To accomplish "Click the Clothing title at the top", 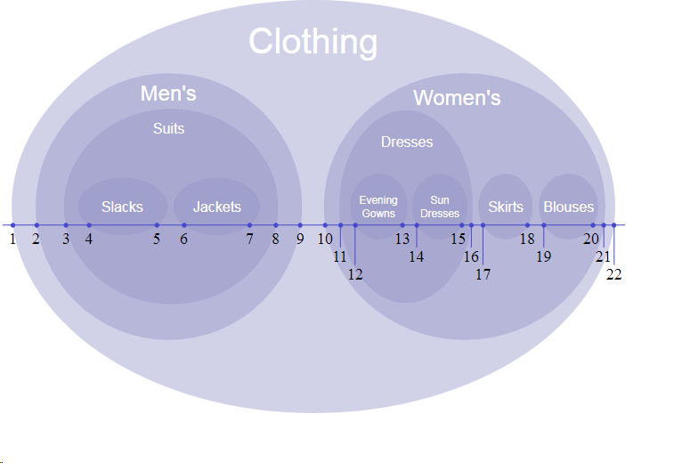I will click(x=313, y=42).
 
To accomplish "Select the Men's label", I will click(x=168, y=93).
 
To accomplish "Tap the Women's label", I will click(x=457, y=98).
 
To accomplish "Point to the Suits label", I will click(x=168, y=129).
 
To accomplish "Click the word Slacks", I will click(x=122, y=207).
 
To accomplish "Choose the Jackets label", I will click(x=217, y=207).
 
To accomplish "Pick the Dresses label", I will click(x=407, y=142).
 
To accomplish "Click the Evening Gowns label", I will click(x=378, y=207).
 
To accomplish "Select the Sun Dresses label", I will click(x=440, y=207).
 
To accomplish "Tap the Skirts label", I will click(x=506, y=207).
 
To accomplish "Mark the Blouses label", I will click(x=568, y=207).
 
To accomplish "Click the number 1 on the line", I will click(x=12, y=239).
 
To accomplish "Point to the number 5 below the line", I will click(x=157, y=239).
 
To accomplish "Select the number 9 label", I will click(x=300, y=239).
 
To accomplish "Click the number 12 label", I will click(x=355, y=274).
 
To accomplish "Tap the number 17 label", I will click(x=483, y=274).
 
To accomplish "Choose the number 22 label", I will click(x=614, y=274).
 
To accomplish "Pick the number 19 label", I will click(x=544, y=256).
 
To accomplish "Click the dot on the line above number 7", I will click(x=249, y=225).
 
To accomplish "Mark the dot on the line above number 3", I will click(x=66, y=225).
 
